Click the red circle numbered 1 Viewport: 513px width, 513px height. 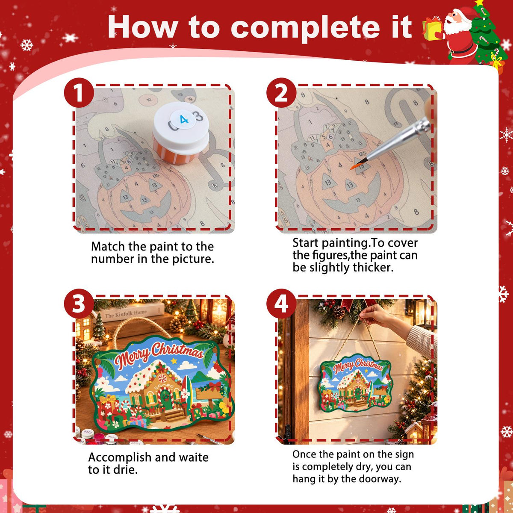[79, 93]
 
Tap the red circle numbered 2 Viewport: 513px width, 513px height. [281, 93]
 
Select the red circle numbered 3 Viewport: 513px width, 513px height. [79, 304]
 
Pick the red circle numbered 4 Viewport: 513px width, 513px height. [281, 304]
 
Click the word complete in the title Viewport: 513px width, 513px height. [305, 28]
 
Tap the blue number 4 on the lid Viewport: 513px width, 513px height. [184, 119]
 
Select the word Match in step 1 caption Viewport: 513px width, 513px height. [108, 247]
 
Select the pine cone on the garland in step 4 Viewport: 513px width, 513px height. [338, 312]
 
